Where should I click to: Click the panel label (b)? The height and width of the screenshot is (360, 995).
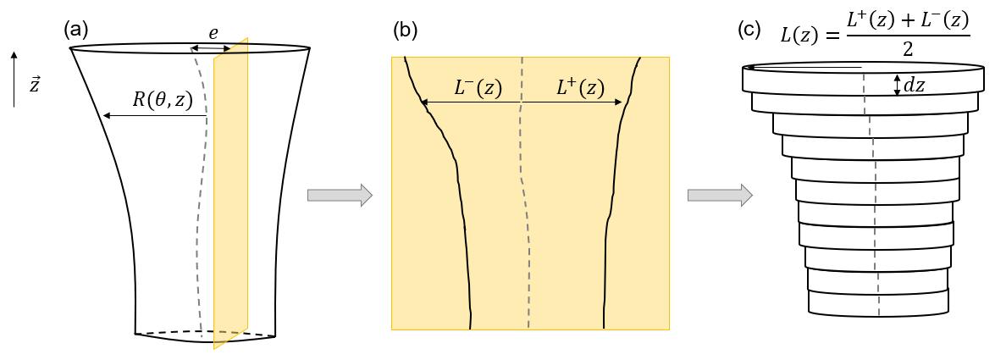tap(406, 30)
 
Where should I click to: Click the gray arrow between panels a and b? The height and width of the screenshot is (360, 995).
tap(340, 195)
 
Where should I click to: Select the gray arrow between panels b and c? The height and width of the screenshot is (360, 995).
tap(720, 195)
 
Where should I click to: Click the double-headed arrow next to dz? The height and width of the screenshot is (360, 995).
tap(898, 84)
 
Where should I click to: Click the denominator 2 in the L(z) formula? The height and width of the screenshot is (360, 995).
tap(908, 50)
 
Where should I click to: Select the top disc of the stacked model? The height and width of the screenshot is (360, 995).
tap(864, 80)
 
